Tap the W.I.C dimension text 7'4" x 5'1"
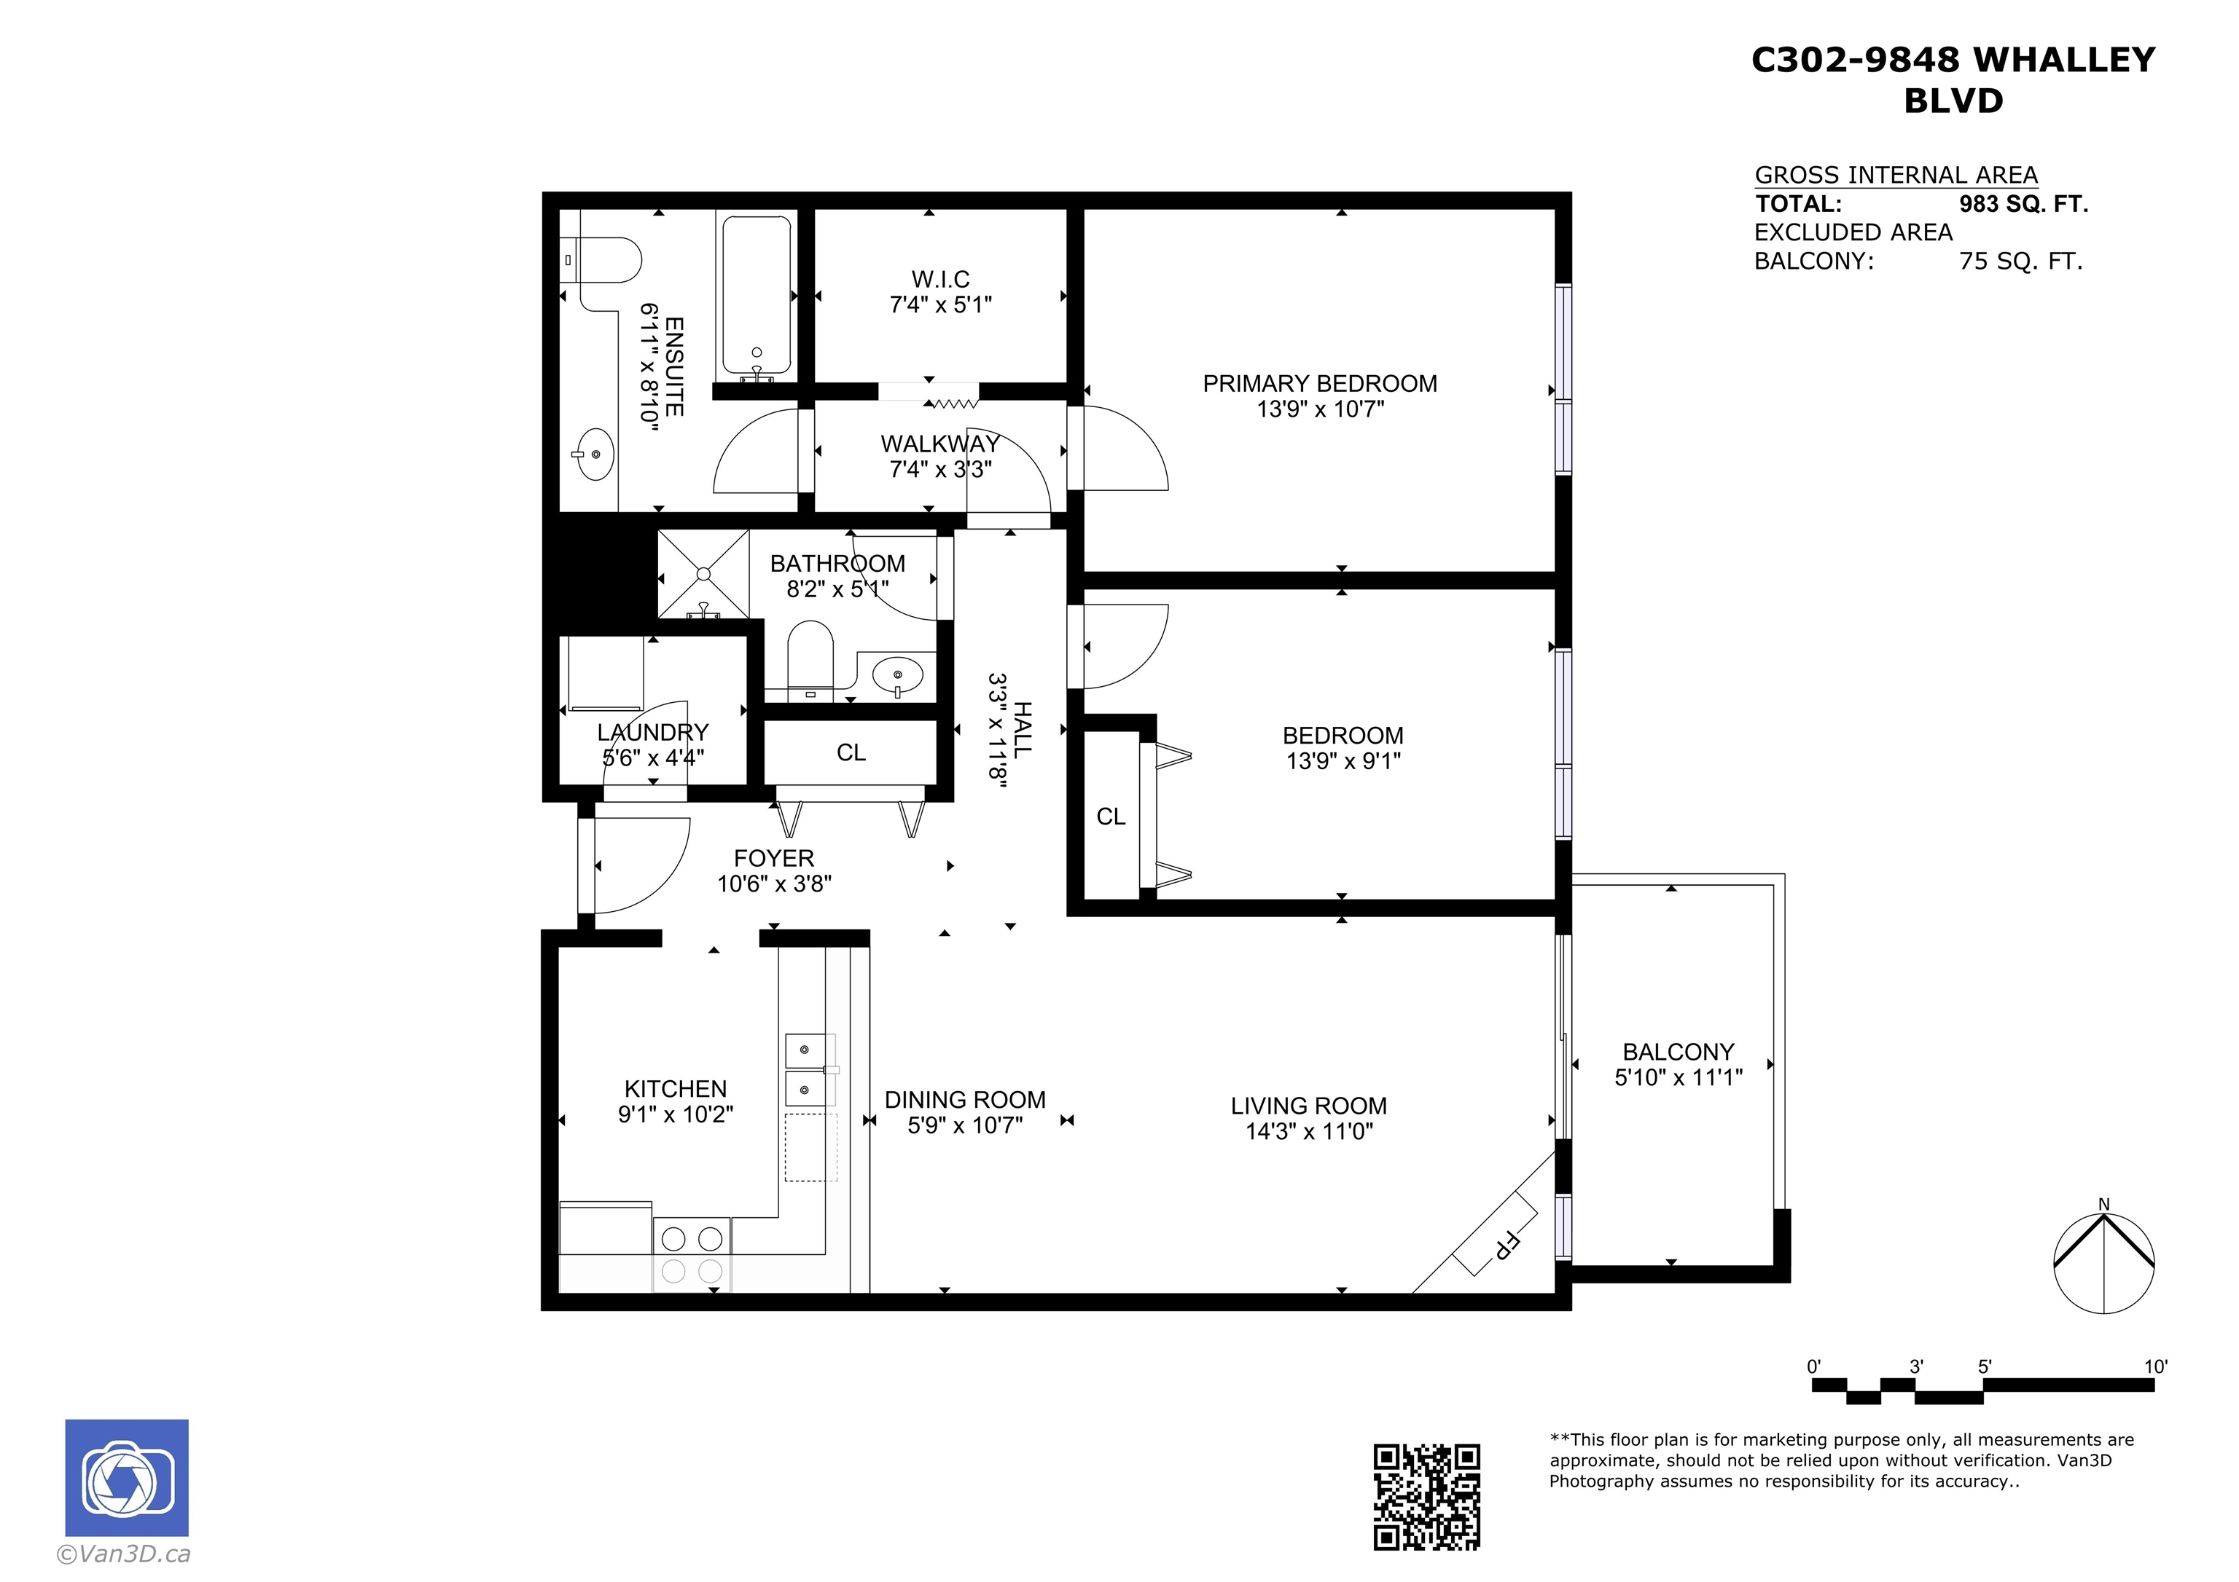940,305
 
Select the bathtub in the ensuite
756,299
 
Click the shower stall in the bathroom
703,574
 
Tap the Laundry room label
652,732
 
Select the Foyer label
773,858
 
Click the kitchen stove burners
692,1254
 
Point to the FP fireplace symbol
1495,1233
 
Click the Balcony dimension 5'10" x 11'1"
1679,1077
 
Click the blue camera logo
127,1478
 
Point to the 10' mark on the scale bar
2155,1366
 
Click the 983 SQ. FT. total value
2023,204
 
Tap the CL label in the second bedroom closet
1111,816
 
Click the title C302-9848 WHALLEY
1953,60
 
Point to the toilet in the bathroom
810,661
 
